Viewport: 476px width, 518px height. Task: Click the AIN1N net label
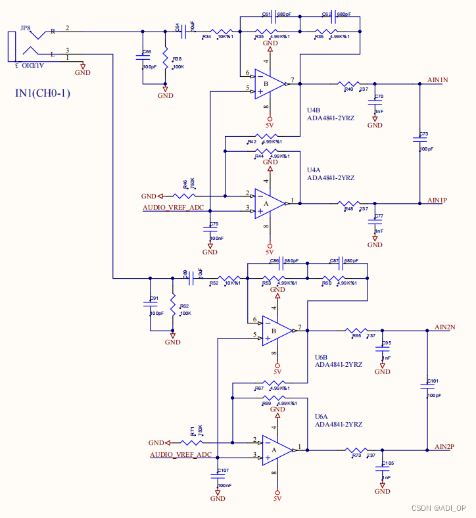(437, 80)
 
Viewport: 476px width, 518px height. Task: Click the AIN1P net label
(437, 200)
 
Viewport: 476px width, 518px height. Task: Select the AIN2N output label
(445, 327)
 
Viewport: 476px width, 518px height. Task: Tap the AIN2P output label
(445, 446)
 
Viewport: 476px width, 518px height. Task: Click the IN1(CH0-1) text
(43, 93)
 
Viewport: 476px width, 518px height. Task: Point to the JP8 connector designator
(25, 28)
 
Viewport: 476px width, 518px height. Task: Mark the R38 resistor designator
(177, 59)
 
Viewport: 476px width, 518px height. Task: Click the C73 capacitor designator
(423, 134)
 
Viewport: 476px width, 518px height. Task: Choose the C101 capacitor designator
(432, 381)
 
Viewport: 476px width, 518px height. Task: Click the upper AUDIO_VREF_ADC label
(173, 208)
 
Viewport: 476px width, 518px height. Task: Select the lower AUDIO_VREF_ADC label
(181, 454)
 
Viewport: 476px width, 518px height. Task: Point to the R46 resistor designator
(185, 184)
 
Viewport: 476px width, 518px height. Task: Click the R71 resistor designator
(193, 431)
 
